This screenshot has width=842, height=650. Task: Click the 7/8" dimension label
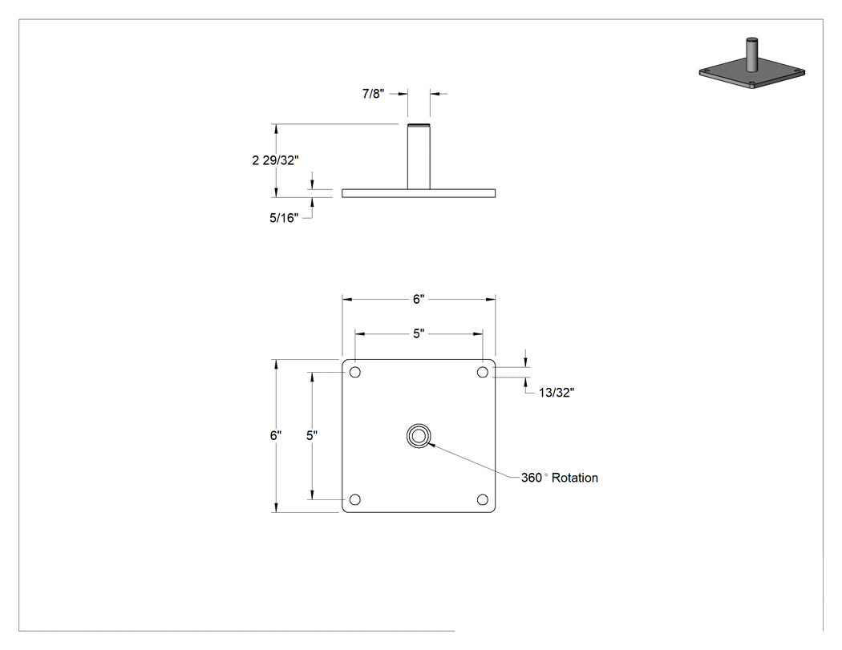tap(373, 94)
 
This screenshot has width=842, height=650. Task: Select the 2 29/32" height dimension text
tap(276, 160)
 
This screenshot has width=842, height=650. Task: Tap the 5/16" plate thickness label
tap(284, 218)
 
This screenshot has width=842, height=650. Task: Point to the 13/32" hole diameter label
tap(557, 393)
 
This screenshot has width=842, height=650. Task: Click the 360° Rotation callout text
tap(560, 478)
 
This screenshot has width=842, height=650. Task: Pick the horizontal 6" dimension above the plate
tap(419, 299)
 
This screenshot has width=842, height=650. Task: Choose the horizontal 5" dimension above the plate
tap(419, 333)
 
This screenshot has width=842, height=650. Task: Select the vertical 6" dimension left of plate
tap(276, 435)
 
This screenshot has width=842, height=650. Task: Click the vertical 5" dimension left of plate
tap(312, 435)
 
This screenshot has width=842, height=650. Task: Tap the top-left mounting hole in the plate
tap(355, 372)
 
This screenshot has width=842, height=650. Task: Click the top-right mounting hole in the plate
tap(483, 372)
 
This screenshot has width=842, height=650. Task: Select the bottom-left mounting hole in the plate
tap(355, 499)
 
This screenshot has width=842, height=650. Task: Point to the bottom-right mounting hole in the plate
tap(483, 499)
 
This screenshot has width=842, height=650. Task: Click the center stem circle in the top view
tap(419, 425)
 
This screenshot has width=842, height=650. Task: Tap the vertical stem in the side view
tap(419, 157)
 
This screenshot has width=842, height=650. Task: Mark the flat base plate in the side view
tap(419, 193)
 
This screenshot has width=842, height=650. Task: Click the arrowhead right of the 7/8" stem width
tap(435, 94)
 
